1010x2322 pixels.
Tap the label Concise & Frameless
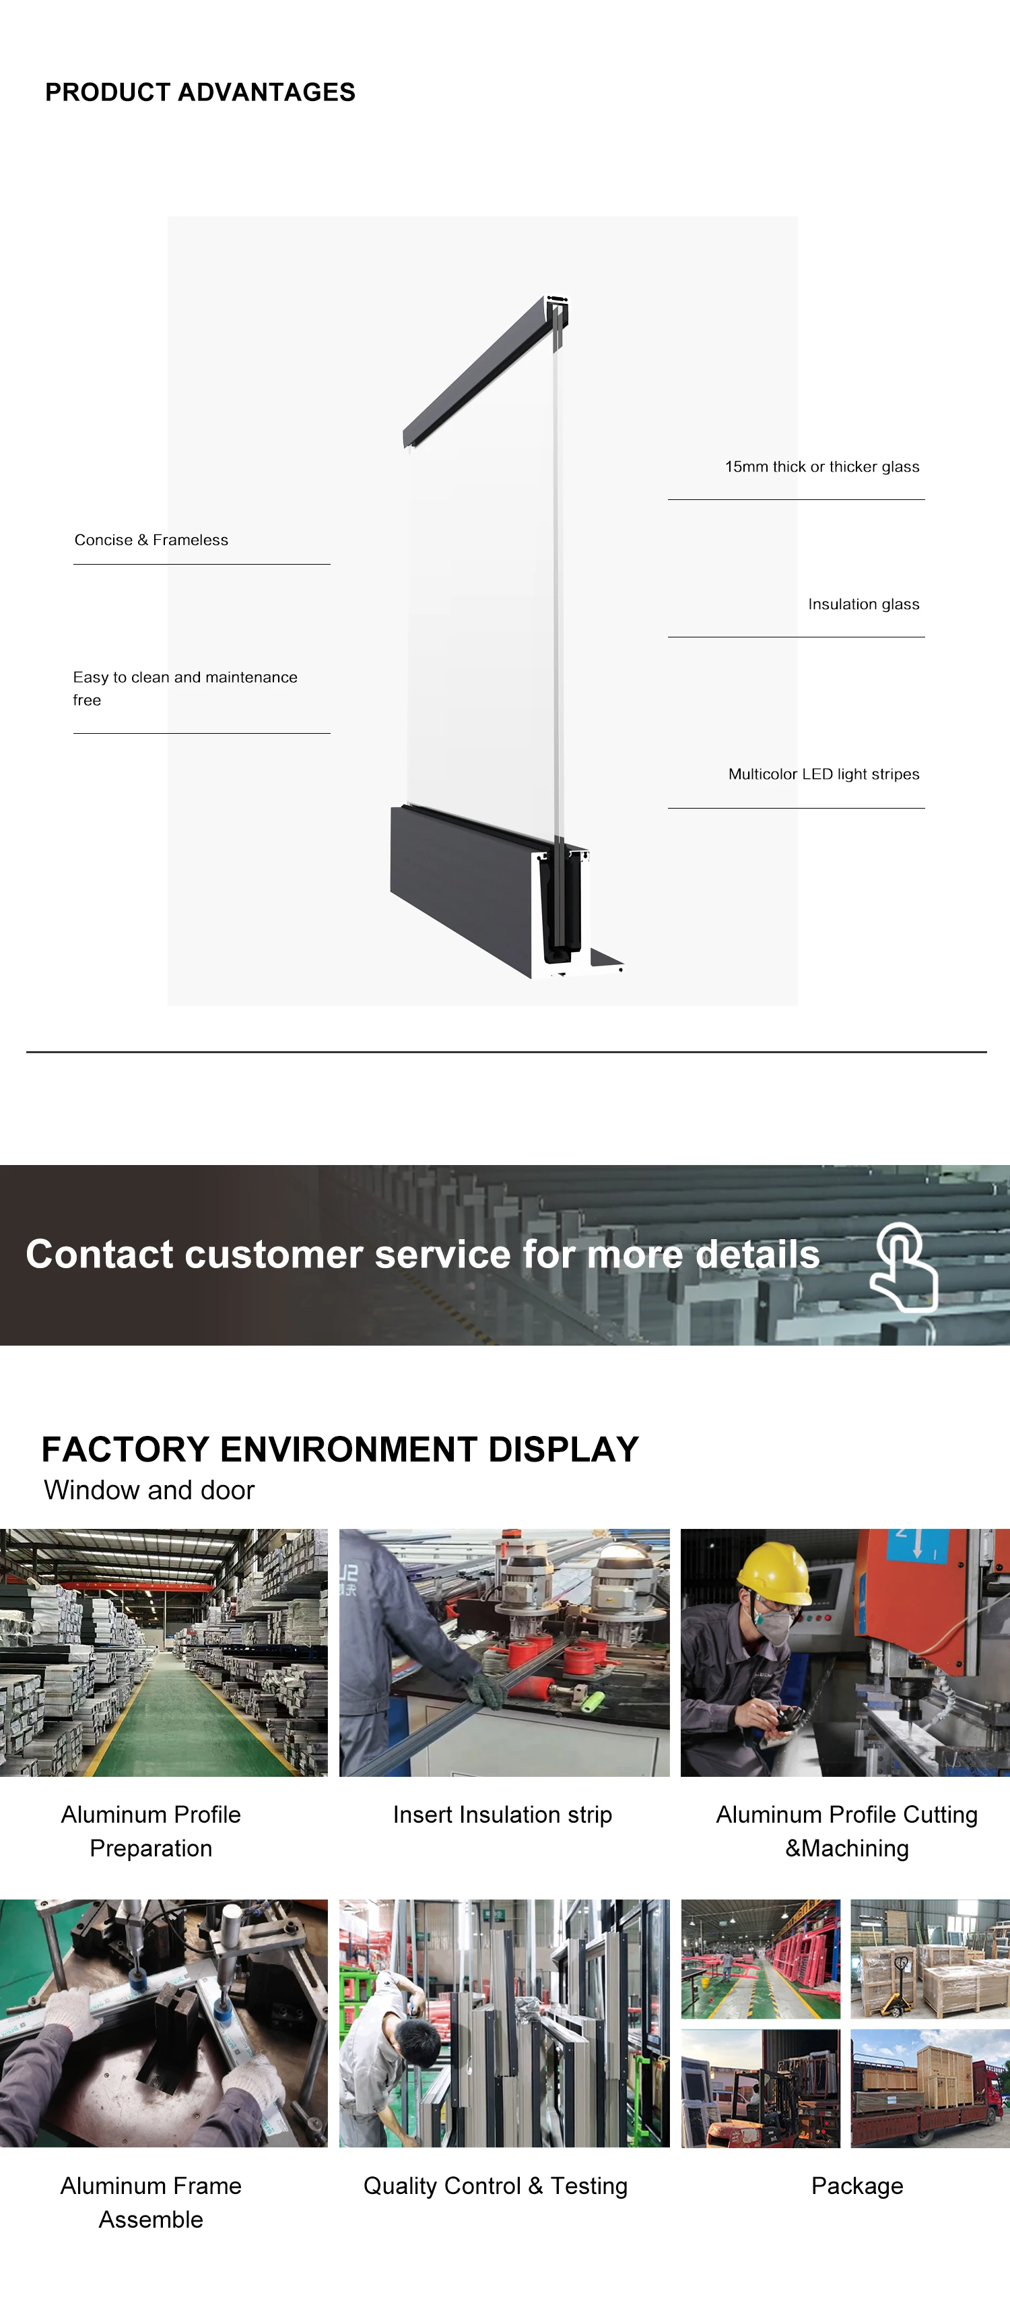(151, 540)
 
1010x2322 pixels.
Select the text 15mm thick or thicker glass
(821, 467)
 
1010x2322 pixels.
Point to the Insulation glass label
(863, 604)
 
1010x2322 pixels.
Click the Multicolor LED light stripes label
(823, 774)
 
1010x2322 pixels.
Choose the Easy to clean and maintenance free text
(184, 688)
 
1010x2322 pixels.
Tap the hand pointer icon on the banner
(903, 1267)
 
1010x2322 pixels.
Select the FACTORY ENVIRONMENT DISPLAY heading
(339, 1449)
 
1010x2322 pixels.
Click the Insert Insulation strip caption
(502, 1815)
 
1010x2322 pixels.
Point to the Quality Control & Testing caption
(495, 2186)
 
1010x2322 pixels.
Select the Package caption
(857, 2186)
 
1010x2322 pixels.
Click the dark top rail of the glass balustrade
(477, 369)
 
